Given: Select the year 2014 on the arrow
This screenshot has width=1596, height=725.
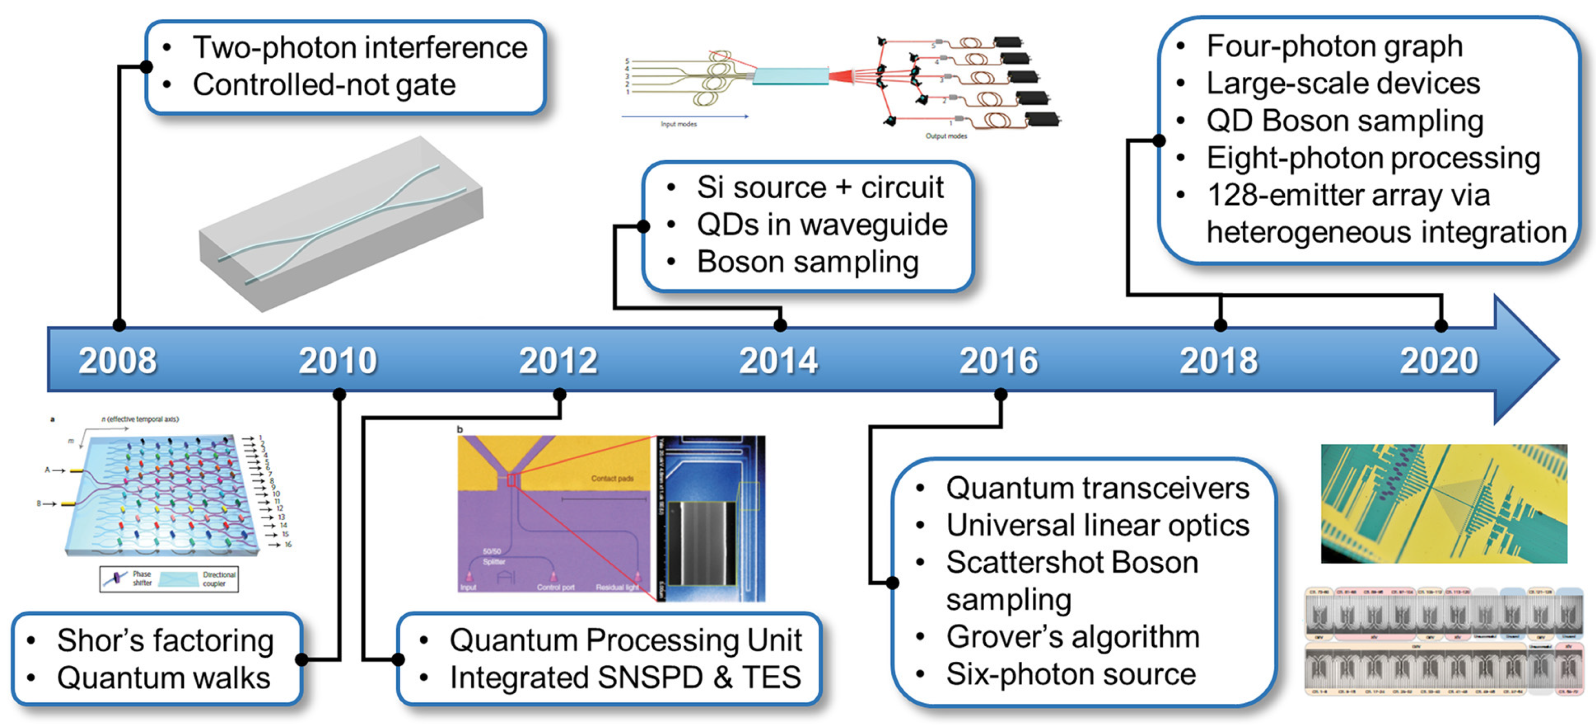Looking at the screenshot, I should [778, 360].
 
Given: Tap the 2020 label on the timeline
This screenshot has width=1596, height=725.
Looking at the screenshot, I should [1439, 360].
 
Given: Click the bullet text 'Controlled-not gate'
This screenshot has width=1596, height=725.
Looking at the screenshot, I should [323, 85].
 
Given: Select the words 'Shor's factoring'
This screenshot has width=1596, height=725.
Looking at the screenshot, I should [165, 640].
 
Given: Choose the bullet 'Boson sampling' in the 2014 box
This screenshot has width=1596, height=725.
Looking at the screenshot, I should [807, 261].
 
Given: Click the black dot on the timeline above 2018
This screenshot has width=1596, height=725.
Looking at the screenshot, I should [1220, 325].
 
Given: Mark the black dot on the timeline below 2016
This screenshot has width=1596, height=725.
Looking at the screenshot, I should [1000, 394].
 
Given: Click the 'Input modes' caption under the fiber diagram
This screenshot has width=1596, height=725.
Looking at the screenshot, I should [679, 124].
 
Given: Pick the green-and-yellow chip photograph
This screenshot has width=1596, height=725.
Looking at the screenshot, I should [1444, 503].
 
